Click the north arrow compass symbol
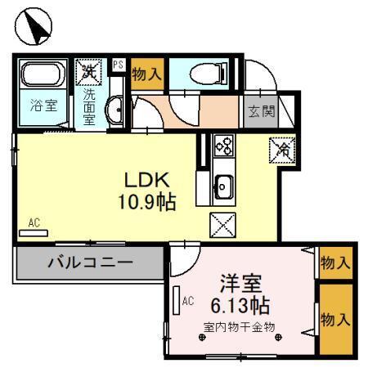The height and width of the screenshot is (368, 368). pos(33,29)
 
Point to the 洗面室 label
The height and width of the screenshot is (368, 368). pos(88,104)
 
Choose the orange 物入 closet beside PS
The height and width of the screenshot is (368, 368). pos(146,74)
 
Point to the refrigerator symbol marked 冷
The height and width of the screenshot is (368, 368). pos(282,149)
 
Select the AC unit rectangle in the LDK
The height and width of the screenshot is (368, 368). pos(34,232)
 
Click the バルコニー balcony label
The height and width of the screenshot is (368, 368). pos(90,263)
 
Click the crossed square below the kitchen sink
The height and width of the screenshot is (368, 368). pos(222,222)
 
